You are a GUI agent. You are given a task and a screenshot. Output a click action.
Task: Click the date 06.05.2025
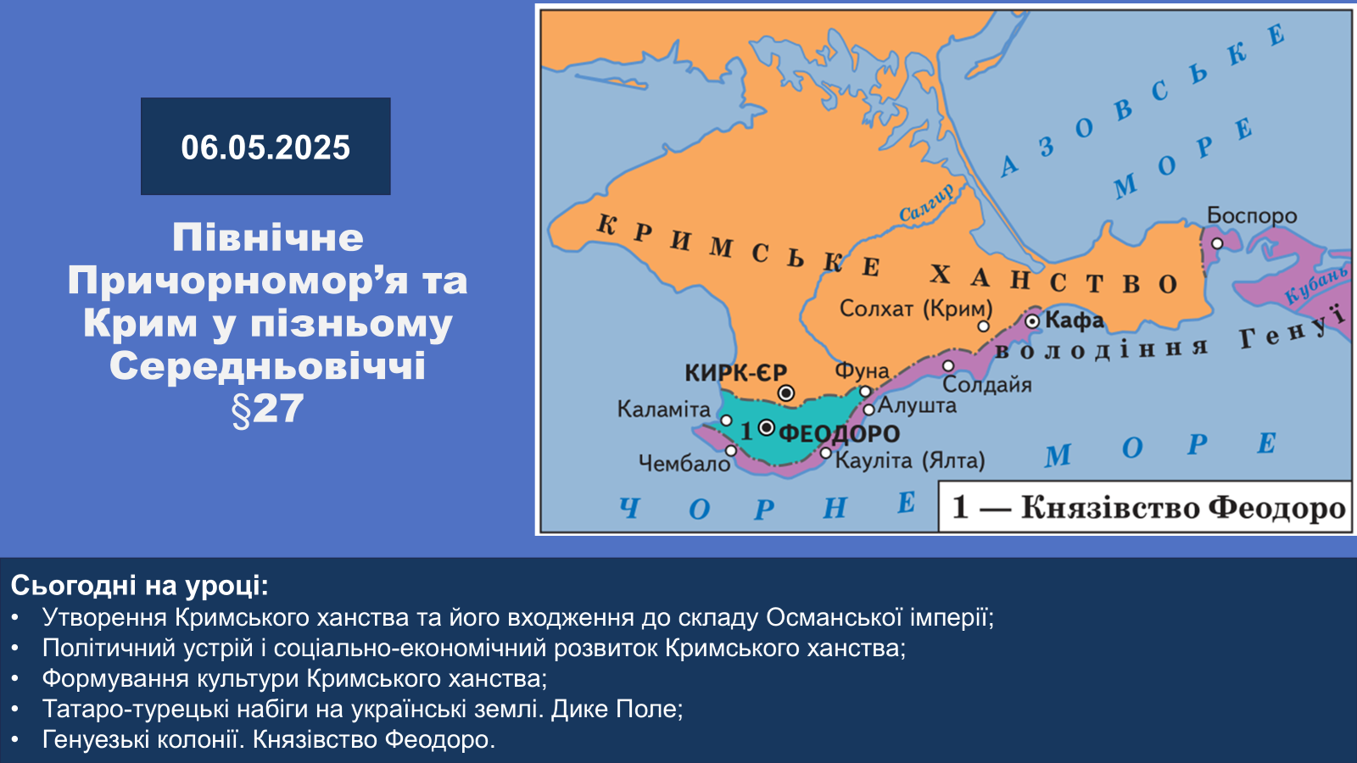[265, 148]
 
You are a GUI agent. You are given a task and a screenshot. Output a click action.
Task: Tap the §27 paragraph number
[266, 409]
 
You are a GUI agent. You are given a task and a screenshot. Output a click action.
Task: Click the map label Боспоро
[1252, 215]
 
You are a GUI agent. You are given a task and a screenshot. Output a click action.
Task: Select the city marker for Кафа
[1032, 321]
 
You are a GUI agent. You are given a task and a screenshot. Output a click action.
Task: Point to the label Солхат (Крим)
[916, 309]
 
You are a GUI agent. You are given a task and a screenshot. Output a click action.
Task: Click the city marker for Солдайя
[948, 365]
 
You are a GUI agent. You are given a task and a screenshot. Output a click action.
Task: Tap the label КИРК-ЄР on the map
[735, 372]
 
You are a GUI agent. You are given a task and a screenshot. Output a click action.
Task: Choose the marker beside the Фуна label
[866, 391]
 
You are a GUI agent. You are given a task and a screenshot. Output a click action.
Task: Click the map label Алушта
[917, 406]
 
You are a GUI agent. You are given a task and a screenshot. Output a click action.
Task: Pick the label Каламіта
[663, 409]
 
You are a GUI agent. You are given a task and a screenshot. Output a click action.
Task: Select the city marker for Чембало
[731, 450]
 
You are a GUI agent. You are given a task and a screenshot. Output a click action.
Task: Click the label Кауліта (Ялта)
[910, 461]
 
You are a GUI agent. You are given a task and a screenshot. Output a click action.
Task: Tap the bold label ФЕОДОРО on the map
[839, 433]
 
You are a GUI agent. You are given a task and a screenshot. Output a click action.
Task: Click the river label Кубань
[1315, 285]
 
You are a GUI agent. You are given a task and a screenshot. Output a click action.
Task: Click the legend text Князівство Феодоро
[1183, 508]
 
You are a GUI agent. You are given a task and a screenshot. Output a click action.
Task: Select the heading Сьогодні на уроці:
[139, 585]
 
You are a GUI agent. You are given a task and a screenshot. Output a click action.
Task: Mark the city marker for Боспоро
[1217, 243]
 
